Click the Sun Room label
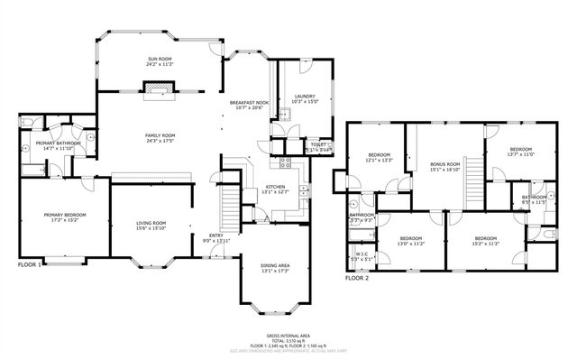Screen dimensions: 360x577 (x=159, y=60)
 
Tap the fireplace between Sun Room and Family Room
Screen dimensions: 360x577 (x=159, y=88)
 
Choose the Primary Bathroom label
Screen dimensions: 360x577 (x=59, y=143)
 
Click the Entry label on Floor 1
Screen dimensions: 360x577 (x=216, y=235)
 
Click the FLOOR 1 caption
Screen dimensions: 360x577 (x=30, y=265)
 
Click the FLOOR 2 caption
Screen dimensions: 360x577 (x=357, y=278)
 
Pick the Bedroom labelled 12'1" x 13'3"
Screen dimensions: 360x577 (x=379, y=155)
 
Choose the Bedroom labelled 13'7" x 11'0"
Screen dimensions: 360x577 (x=521, y=149)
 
